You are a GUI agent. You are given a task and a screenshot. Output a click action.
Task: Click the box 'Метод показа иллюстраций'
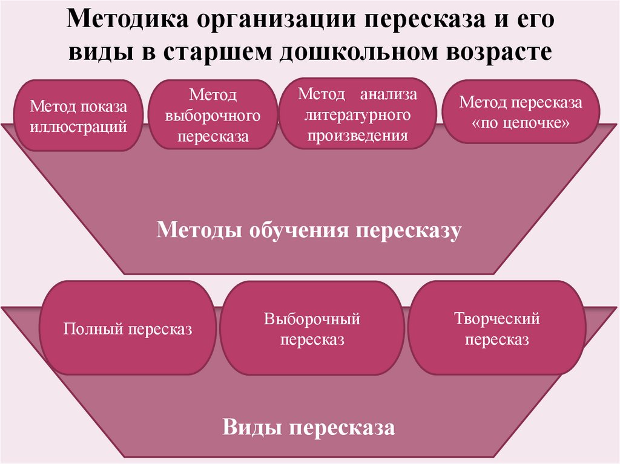(79, 116)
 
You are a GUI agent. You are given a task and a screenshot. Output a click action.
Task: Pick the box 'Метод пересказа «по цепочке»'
(521, 112)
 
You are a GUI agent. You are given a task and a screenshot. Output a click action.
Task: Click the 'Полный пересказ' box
(128, 330)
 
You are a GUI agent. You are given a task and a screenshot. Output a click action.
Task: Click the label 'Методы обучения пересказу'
(309, 230)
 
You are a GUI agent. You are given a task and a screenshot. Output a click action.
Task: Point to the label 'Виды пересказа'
(309, 428)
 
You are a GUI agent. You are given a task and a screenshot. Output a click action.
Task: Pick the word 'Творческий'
(496, 319)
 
